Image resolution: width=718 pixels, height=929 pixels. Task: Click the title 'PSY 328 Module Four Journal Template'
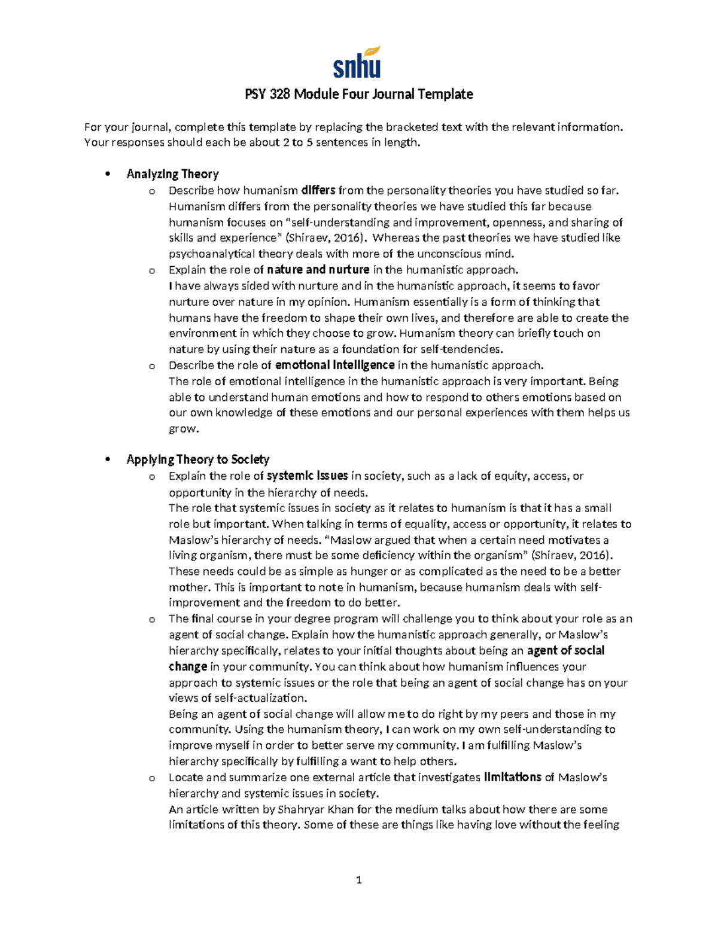pos(359,95)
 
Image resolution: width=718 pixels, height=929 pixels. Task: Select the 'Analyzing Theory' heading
pos(172,174)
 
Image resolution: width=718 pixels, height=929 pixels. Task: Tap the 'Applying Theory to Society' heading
pos(198,459)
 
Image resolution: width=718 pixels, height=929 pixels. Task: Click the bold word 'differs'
pos(318,191)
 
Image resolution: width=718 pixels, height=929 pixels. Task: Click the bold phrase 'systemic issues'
pos(308,476)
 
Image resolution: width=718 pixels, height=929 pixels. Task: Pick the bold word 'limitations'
pos(513,777)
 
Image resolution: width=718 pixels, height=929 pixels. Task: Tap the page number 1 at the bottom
pos(358,879)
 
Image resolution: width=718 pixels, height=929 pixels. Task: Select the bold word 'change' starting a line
pos(188,666)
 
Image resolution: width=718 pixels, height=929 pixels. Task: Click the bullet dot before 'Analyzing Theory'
pos(108,175)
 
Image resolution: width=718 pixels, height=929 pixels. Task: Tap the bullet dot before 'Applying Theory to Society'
pos(108,460)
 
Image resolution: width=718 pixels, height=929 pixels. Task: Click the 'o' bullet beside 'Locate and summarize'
pos(152,778)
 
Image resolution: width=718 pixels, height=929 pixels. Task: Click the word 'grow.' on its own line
pos(183,429)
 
